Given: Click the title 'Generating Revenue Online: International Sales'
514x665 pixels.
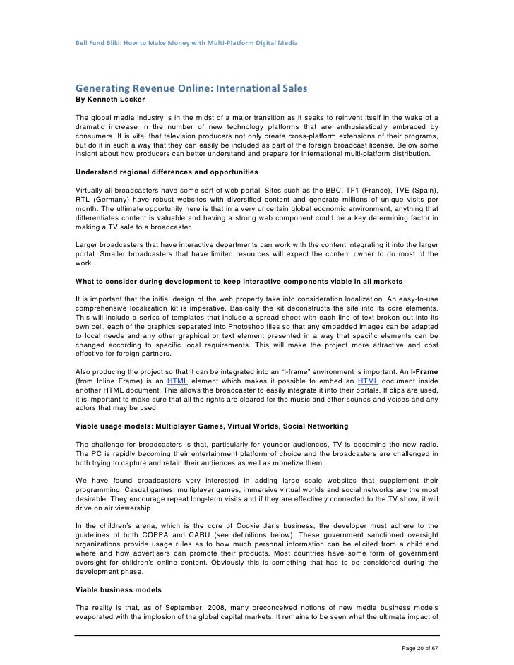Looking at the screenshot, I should coord(192,90).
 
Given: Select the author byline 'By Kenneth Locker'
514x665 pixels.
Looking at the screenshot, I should coord(115,100).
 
